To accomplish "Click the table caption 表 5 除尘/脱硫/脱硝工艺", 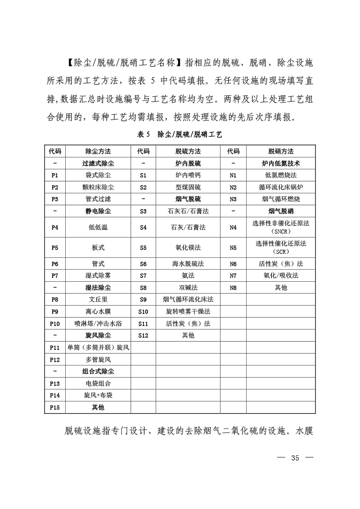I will click(x=180, y=134).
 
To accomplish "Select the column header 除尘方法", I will click(x=98, y=151).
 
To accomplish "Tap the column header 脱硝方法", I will click(x=281, y=151).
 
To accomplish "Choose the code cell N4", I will click(x=233, y=228).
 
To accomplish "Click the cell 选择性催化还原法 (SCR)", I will click(x=281, y=247).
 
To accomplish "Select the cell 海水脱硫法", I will click(x=188, y=264).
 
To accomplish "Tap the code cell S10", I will click(x=143, y=311).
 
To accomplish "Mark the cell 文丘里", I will click(x=98, y=299).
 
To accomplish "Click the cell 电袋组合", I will click(x=98, y=383).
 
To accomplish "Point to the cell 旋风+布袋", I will click(x=98, y=395).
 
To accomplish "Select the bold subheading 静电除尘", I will click(x=98, y=211).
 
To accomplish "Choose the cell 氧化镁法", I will click(x=188, y=247).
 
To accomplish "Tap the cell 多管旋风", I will click(x=98, y=359).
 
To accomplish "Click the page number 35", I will click(x=295, y=459).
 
